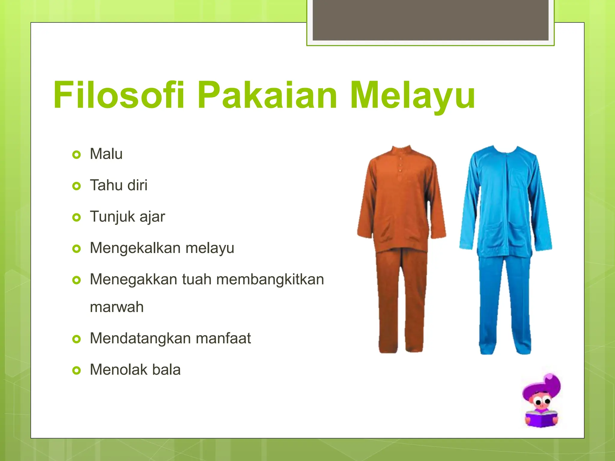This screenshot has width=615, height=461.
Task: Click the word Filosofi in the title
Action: pos(119,95)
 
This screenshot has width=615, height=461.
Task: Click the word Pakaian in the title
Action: pos(267,95)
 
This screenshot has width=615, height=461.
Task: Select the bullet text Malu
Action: pos(106,154)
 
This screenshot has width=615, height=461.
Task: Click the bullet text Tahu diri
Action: pos(119,185)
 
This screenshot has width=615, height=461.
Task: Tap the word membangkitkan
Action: pos(270,280)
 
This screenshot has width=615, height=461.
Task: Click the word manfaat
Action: pos(223,338)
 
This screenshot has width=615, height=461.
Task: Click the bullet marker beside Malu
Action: pos(77,155)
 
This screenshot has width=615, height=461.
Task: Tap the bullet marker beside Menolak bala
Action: pos(77,371)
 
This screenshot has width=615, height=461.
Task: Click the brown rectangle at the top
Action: pos(431,20)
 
